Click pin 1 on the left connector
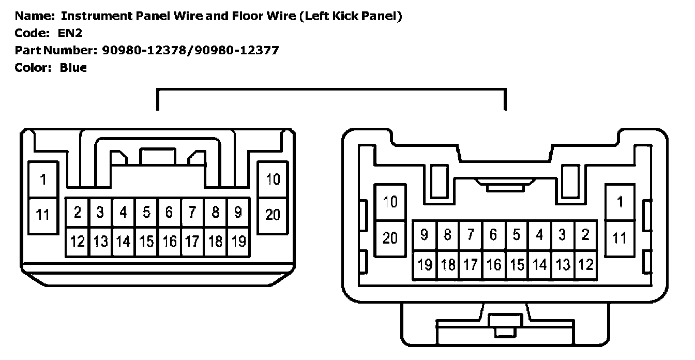point(43,179)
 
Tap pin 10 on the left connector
point(273,179)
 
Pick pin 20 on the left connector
point(273,214)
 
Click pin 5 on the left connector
point(146,212)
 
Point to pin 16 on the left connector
point(169,241)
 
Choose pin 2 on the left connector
point(78,212)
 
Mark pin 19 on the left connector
point(238,241)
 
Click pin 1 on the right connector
point(620,202)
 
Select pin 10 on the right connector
point(390,202)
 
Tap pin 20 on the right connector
point(390,237)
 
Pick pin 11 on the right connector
point(620,238)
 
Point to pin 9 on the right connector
point(425,235)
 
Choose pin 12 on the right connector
point(585,265)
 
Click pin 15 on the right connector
point(517,265)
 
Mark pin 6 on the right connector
point(493,235)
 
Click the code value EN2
point(70,33)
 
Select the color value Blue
point(73,68)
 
